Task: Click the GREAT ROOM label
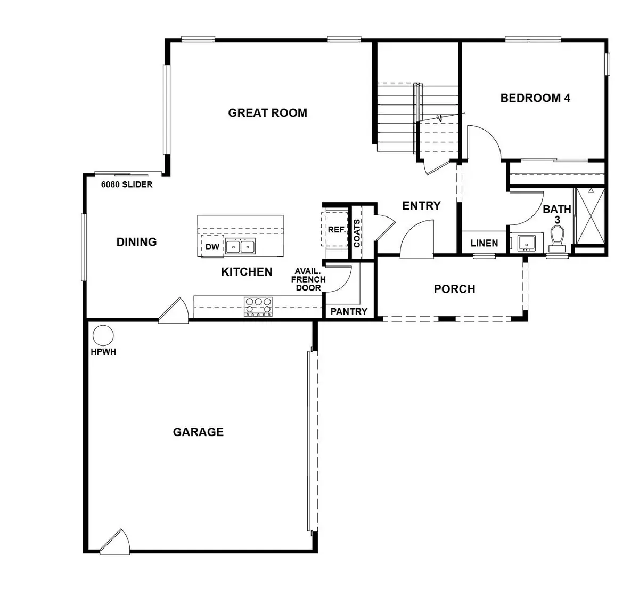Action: coord(267,113)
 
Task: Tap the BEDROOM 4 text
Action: coord(535,98)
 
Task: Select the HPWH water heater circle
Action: coord(103,336)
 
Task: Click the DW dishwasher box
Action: coord(212,247)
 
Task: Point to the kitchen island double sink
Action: coord(240,247)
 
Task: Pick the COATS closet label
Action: coord(356,233)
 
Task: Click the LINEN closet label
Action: coord(484,243)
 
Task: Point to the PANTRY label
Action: coord(349,311)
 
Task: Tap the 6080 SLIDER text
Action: coord(127,185)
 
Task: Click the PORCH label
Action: coord(454,289)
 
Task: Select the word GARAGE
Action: coord(198,432)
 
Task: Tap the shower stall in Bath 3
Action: coord(590,216)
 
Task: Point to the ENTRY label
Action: coord(421,206)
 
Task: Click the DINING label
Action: coord(136,242)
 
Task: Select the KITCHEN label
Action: coord(247,272)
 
